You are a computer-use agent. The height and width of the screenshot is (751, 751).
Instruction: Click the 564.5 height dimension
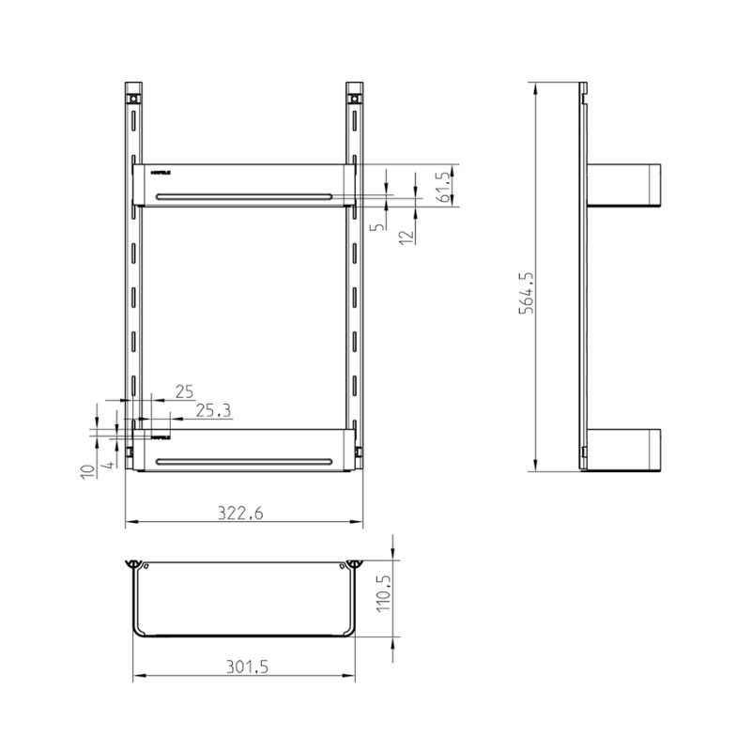(x=527, y=292)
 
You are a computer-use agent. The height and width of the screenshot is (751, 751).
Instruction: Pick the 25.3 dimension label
(x=213, y=410)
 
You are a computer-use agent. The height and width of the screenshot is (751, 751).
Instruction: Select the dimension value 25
(x=184, y=391)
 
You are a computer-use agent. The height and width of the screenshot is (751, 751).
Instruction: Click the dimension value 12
(x=406, y=237)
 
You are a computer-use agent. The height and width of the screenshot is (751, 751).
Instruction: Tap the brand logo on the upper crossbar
(x=160, y=172)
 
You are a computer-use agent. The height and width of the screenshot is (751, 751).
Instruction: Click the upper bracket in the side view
(x=624, y=185)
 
